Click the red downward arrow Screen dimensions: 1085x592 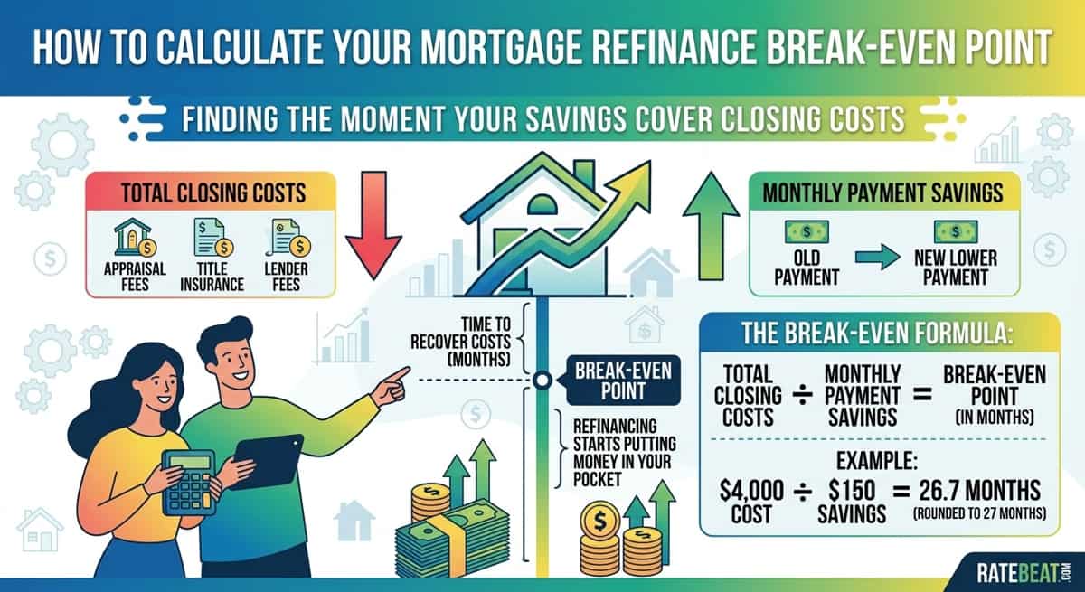[x=373, y=223]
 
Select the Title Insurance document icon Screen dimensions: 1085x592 [x=213, y=237]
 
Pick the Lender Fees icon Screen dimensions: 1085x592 [x=289, y=237]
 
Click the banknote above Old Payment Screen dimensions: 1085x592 [x=807, y=231]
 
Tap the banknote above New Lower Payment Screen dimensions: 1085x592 [x=956, y=231]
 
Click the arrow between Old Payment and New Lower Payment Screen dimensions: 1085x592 [x=878, y=257]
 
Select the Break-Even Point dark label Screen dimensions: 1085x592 [x=623, y=381]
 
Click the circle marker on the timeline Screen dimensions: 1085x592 [x=542, y=380]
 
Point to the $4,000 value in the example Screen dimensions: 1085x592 [x=751, y=491]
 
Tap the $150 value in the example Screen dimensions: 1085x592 [x=852, y=491]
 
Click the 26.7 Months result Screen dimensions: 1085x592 [x=980, y=491]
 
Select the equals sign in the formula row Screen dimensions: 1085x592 [x=922, y=394]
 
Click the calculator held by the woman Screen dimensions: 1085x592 [x=189, y=483]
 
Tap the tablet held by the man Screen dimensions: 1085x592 [x=267, y=462]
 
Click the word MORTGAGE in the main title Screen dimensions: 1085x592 [x=499, y=47]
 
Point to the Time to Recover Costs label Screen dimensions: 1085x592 [x=460, y=342]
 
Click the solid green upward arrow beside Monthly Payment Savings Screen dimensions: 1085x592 [x=711, y=226]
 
